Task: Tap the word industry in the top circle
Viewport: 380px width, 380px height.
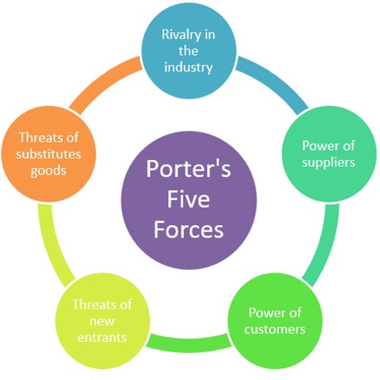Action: (x=189, y=67)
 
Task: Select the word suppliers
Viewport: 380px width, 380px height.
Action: (x=328, y=162)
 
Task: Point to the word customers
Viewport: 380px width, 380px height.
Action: (x=275, y=330)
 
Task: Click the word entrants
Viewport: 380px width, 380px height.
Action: (x=102, y=338)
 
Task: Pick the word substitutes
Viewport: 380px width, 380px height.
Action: (x=48, y=154)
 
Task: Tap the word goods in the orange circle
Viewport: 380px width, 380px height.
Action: (x=48, y=170)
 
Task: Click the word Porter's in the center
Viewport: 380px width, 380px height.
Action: (x=189, y=169)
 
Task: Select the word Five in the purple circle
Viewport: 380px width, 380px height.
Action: (x=189, y=199)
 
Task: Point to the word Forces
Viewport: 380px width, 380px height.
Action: (x=189, y=229)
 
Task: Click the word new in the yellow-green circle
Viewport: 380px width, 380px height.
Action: (x=102, y=322)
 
